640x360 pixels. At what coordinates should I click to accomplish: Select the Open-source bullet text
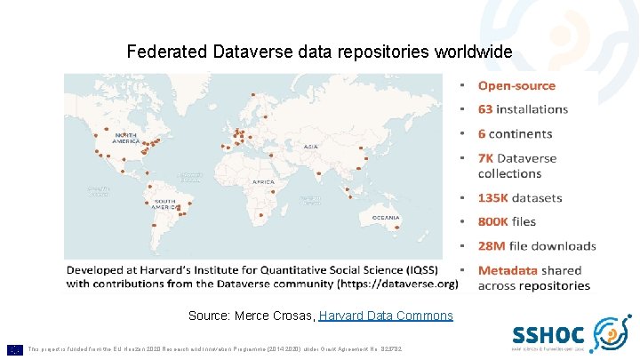[516, 86]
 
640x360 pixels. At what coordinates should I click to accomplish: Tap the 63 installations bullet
[523, 109]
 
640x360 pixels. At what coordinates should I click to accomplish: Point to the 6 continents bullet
[515, 134]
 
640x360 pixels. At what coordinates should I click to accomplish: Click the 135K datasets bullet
[520, 197]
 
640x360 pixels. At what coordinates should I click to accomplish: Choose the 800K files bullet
[507, 221]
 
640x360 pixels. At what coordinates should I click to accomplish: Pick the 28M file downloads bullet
[537, 245]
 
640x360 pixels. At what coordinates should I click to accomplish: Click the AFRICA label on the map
[263, 181]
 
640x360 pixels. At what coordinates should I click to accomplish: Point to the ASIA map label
[310, 147]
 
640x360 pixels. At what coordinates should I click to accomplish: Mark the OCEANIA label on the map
[384, 218]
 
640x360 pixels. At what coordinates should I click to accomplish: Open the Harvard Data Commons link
[386, 316]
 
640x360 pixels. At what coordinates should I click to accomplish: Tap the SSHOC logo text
[548, 335]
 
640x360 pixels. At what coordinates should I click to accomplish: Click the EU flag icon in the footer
[14, 349]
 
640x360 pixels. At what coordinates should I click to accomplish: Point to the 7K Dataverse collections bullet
[517, 165]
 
